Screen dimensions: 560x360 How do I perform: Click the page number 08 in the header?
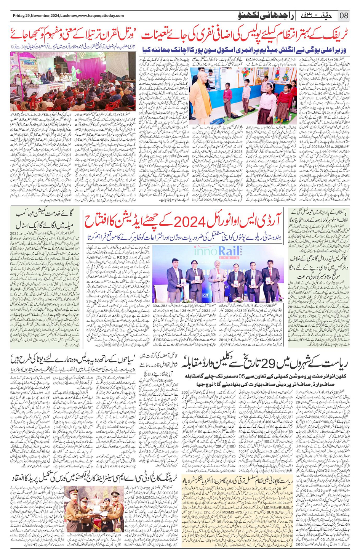[344, 16]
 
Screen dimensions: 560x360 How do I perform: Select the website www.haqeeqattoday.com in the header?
[99, 16]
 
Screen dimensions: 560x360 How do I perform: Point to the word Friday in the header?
[19, 16]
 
